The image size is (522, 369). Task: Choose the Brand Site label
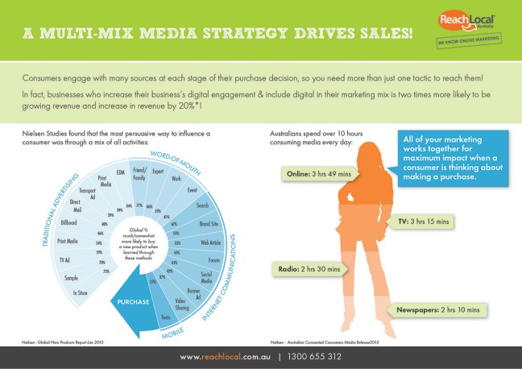coord(209,221)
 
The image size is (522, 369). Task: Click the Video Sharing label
coord(183,304)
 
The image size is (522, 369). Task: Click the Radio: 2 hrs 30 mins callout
coord(311,269)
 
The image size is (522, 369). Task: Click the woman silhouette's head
coord(358,139)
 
